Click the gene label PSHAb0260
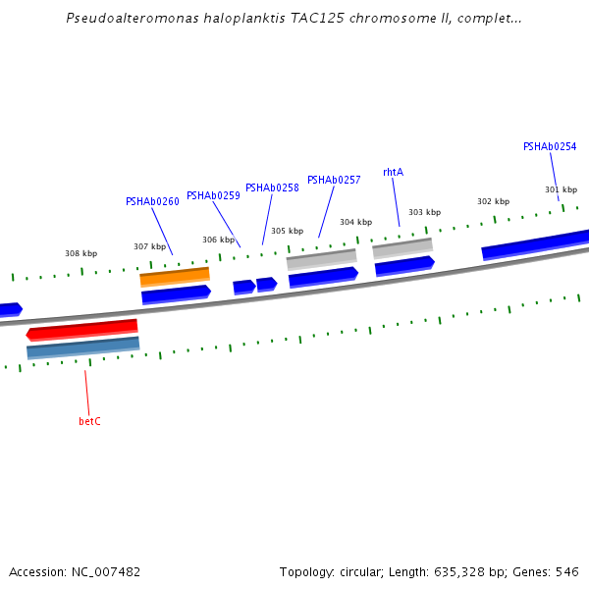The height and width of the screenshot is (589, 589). [x=152, y=201]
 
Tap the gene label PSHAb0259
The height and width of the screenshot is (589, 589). [x=213, y=195]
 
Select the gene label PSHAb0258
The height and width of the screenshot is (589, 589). [x=272, y=187]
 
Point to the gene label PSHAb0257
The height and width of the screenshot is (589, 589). [x=334, y=180]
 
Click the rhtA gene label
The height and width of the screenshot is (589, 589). [x=393, y=172]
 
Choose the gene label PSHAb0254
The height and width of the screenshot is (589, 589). [x=550, y=146]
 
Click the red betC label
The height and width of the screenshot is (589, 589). [x=89, y=421]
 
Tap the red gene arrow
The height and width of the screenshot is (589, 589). [x=82, y=329]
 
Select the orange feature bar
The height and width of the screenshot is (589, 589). [x=175, y=277]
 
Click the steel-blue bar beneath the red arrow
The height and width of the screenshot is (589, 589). [x=82, y=347]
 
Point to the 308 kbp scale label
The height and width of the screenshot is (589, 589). [x=81, y=253]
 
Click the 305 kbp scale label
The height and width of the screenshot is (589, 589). [x=288, y=231]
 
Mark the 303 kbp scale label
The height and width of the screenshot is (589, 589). [x=425, y=212]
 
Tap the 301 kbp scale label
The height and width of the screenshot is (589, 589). [x=561, y=189]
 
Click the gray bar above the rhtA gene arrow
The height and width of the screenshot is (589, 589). [x=402, y=247]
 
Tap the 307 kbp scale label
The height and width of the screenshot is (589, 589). [x=150, y=246]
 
